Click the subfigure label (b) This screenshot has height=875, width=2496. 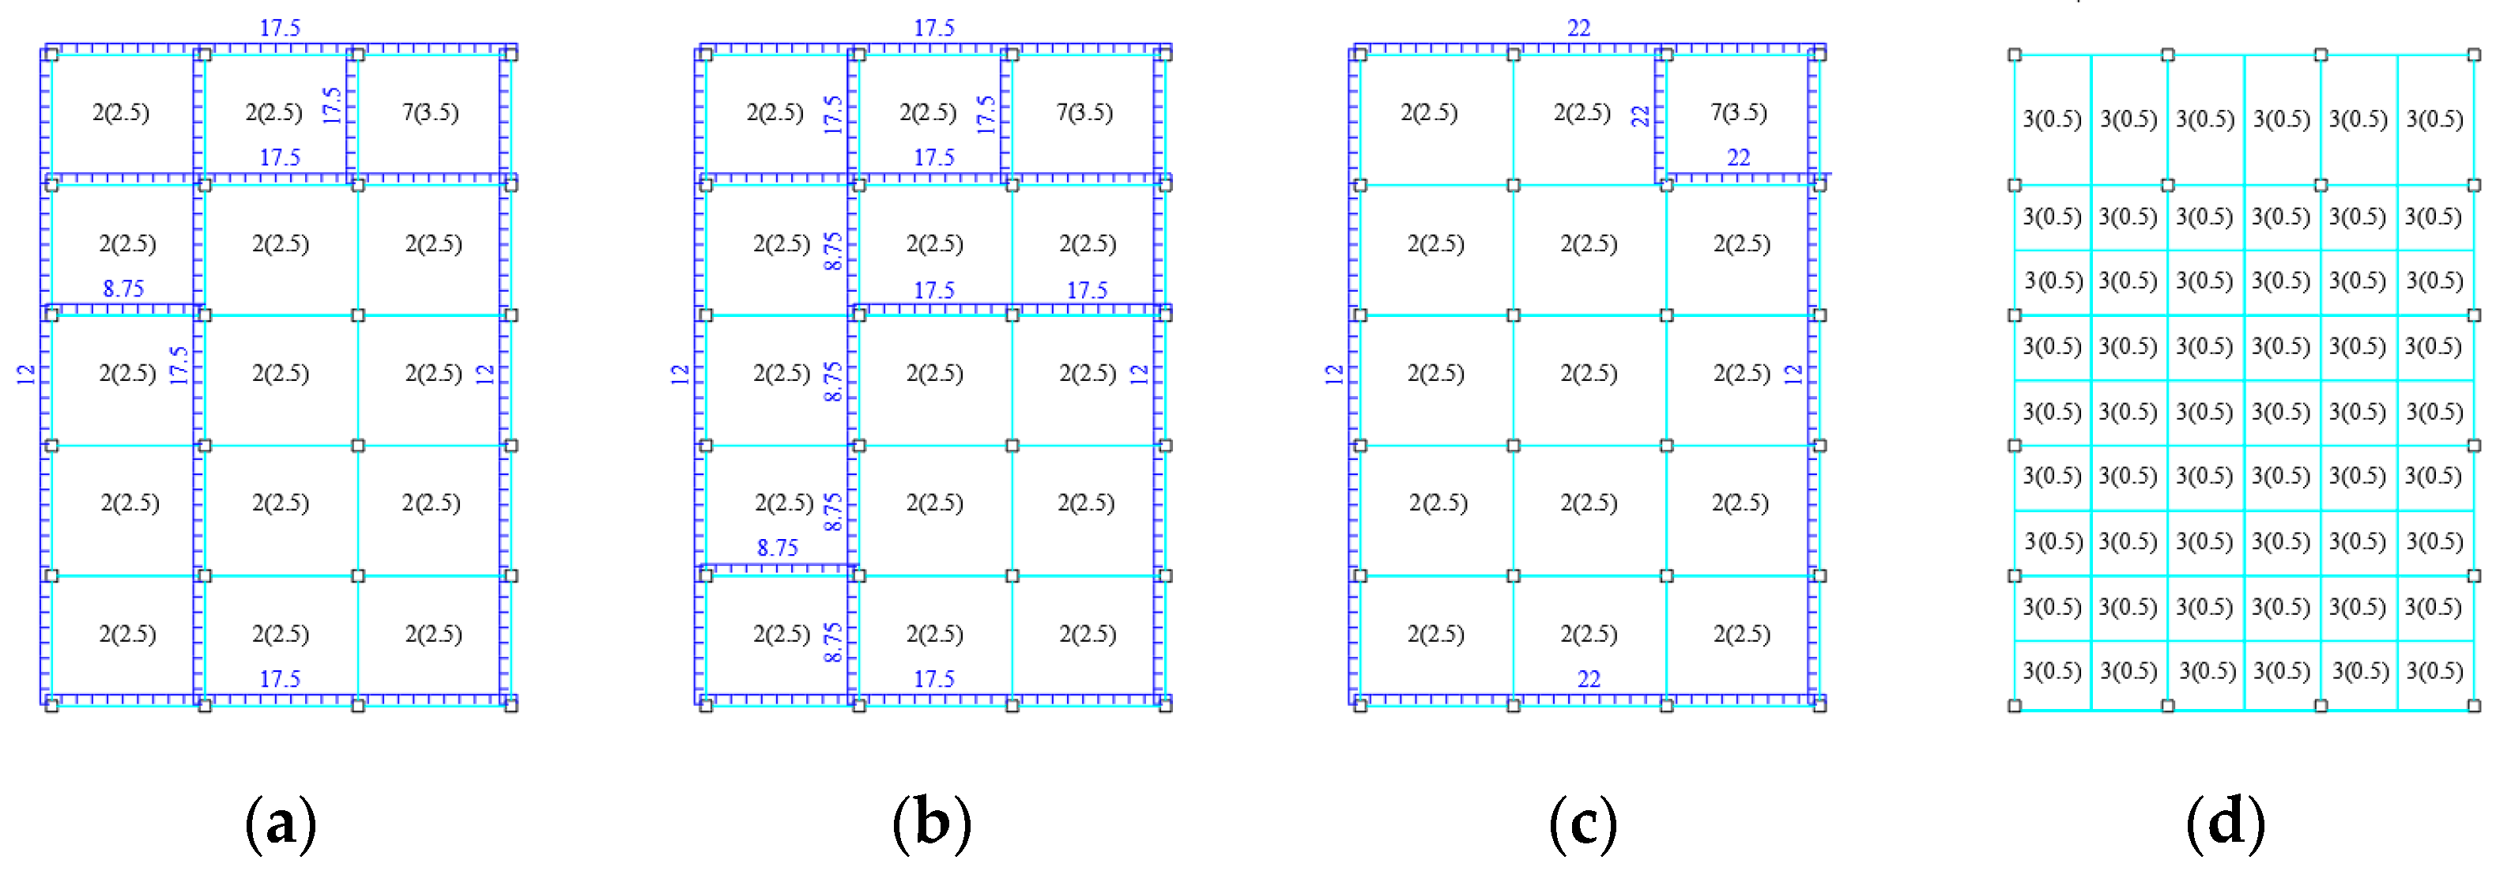(x=931, y=824)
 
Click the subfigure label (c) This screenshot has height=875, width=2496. (x=1582, y=824)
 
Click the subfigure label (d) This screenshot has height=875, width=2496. (x=2225, y=824)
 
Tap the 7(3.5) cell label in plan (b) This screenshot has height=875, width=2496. (x=1084, y=112)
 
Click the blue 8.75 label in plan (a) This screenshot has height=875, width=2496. (x=123, y=289)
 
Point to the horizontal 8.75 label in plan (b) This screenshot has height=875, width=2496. (x=777, y=549)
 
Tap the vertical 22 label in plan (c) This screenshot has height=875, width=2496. (x=1639, y=116)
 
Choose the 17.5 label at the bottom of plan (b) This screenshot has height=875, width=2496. (x=933, y=679)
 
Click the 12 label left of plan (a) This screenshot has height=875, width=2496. (x=26, y=374)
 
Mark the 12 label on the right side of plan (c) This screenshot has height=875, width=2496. (x=1793, y=374)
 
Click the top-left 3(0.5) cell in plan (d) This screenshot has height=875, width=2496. (x=2051, y=119)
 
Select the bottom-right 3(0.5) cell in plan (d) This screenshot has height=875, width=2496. (x=2434, y=670)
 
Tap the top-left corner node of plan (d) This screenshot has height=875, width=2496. (x=2015, y=55)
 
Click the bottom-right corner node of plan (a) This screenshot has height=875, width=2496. (x=511, y=705)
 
